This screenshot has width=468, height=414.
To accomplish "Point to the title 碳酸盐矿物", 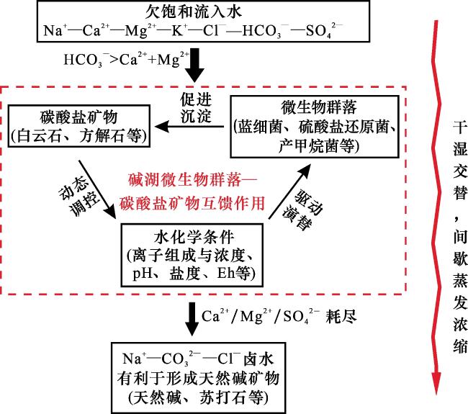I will (x=80, y=117).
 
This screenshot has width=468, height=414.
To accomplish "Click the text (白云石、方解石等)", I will (x=80, y=135).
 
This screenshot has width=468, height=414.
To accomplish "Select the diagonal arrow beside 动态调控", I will (x=99, y=190).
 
